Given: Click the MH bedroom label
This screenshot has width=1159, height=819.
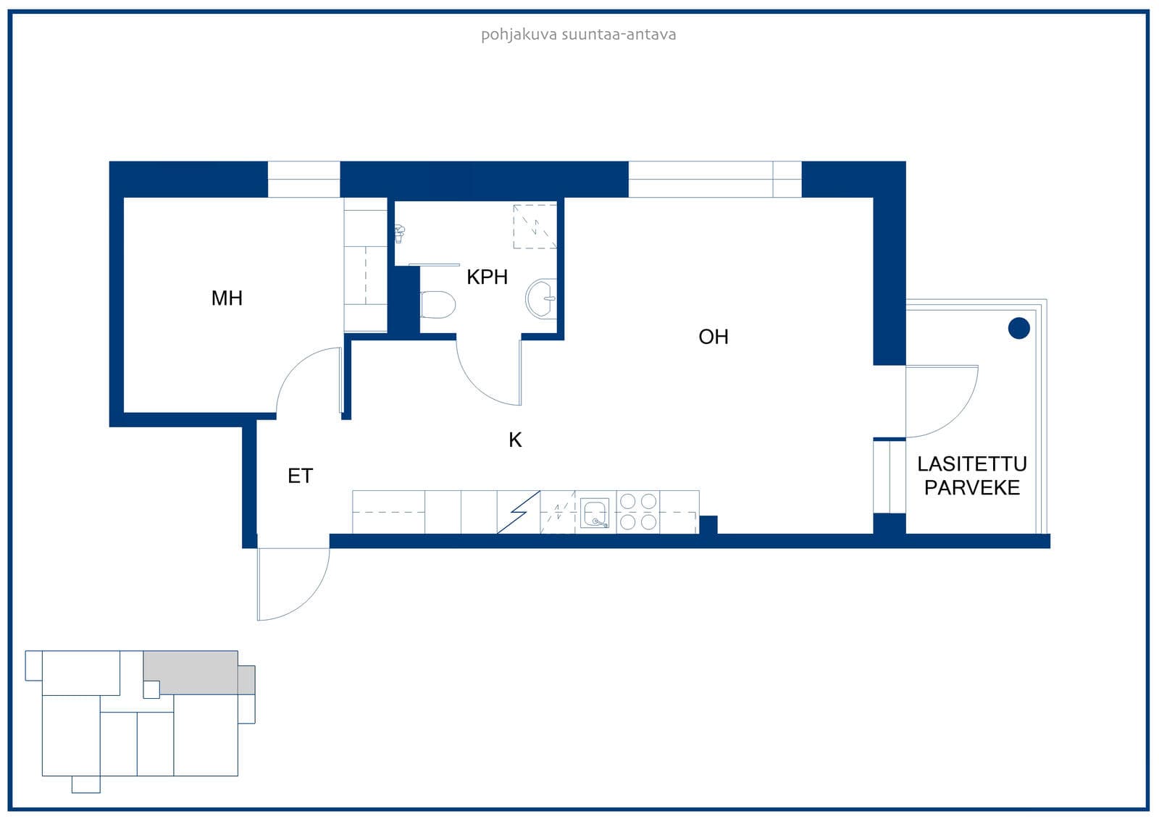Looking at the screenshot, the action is point(227,298).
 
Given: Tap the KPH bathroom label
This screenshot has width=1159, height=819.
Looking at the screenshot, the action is point(487,277).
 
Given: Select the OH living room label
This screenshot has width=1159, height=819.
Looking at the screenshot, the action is point(713,337).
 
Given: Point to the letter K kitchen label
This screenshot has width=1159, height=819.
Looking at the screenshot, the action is point(515,440).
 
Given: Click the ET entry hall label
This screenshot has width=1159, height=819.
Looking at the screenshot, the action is point(300,476).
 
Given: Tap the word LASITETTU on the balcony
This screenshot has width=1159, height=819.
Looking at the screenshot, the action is point(971,464).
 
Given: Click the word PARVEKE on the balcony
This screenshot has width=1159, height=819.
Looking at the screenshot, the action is point(971,488).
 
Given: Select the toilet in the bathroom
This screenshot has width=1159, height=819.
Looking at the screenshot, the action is point(438,304).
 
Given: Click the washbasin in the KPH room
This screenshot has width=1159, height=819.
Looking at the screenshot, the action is point(541,298).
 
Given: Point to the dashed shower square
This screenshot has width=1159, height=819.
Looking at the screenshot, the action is point(535,227).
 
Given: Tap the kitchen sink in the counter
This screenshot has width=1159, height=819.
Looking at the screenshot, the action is point(594,513).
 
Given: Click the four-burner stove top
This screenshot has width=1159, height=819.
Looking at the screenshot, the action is point(638,512).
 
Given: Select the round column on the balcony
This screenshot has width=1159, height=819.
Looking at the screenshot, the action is point(1018,328).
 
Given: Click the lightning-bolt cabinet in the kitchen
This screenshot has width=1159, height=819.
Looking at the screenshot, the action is point(519,512).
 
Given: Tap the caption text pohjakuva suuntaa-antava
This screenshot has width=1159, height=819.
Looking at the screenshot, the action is point(579,35).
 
